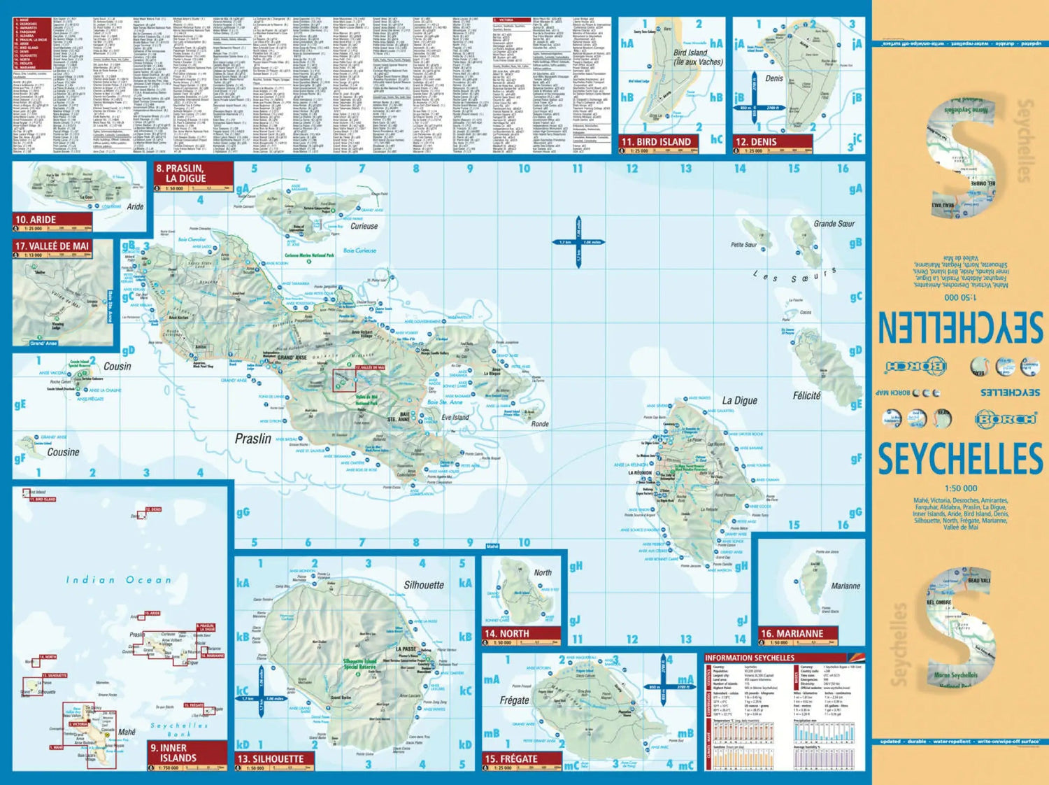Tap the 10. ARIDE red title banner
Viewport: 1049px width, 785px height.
[51, 220]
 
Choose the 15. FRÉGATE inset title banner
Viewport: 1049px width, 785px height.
[521, 759]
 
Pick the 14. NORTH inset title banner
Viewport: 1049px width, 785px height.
[521, 634]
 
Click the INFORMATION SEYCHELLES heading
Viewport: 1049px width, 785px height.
[750, 658]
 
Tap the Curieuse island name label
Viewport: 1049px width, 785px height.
[364, 226]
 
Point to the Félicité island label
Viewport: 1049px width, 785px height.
[806, 396]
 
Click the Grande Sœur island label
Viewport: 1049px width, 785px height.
[834, 224]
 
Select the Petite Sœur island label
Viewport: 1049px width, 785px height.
[743, 245]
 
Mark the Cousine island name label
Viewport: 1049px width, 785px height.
[63, 452]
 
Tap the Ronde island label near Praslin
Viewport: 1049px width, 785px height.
[540, 424]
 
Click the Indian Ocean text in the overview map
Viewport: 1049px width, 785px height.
[118, 580]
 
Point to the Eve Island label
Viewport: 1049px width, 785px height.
[455, 417]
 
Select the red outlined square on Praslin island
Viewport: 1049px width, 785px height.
[344, 380]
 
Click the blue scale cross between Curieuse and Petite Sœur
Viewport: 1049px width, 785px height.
[579, 242]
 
